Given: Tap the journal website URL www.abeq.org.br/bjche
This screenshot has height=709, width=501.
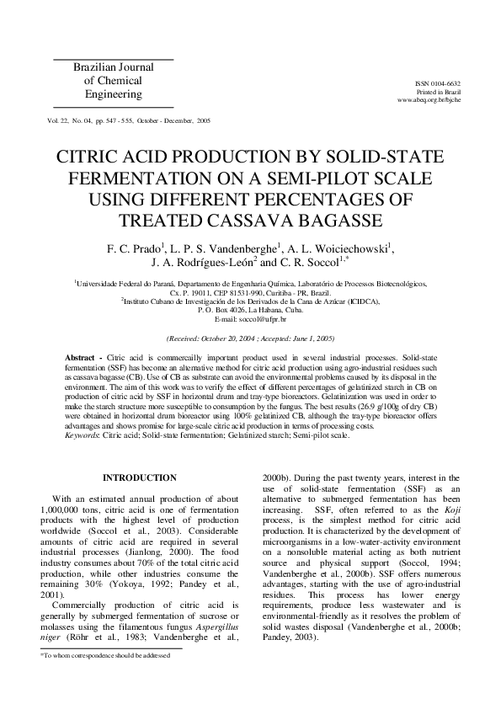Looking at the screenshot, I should [429, 99].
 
